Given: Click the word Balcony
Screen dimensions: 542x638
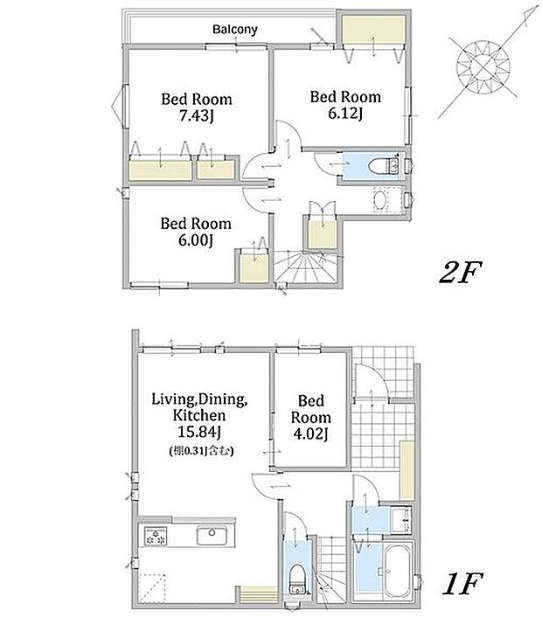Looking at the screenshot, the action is pyautogui.click(x=235, y=30).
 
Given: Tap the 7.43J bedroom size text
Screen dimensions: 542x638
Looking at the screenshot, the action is pyautogui.click(x=197, y=116).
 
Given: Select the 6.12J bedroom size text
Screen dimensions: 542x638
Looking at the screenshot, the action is pyautogui.click(x=345, y=114).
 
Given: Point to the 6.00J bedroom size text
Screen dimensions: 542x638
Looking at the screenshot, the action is pyautogui.click(x=196, y=240).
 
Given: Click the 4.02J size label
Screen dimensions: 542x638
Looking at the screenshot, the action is pyautogui.click(x=311, y=434).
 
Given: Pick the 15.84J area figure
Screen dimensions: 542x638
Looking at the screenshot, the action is pyautogui.click(x=199, y=432).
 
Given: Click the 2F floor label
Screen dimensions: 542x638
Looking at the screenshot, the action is pyautogui.click(x=461, y=272).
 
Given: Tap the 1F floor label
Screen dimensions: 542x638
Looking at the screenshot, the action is pyautogui.click(x=462, y=584).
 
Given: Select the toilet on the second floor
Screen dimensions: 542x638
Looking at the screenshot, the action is pyautogui.click(x=383, y=166).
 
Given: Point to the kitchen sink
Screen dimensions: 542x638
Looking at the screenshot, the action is pyautogui.click(x=212, y=536).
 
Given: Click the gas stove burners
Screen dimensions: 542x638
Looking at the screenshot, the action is pyautogui.click(x=156, y=536).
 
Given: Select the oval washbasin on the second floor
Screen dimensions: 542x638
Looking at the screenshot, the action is pyautogui.click(x=381, y=200).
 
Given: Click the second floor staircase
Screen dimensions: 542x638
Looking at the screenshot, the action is pyautogui.click(x=306, y=267).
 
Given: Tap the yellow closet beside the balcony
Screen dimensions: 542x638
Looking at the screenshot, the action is pyautogui.click(x=373, y=30).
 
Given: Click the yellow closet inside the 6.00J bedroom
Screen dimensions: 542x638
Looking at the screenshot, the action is pyautogui.click(x=254, y=267).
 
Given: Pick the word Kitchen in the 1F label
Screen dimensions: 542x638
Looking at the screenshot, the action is pyautogui.click(x=199, y=415).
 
